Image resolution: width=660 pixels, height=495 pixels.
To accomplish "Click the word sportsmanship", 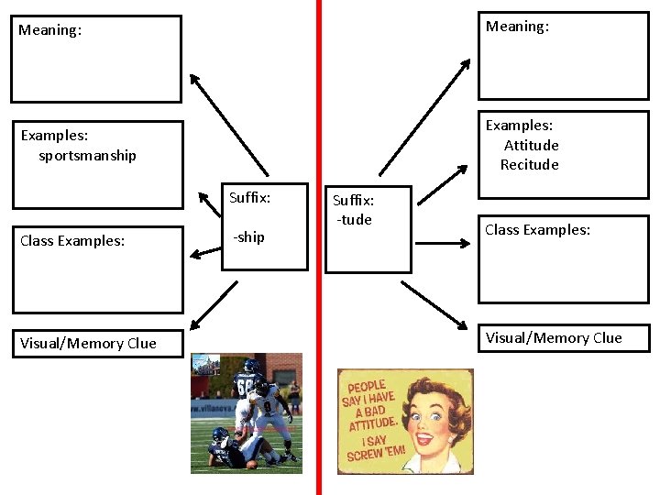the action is [87, 156].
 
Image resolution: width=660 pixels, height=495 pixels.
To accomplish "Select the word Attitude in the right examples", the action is [531, 146].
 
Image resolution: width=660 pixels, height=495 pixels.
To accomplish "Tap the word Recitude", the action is [529, 165].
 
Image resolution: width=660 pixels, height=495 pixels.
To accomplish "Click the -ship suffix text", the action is [247, 237].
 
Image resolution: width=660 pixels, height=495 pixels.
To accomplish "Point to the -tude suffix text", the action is [354, 220].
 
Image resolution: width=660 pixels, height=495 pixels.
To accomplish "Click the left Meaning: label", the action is [49, 30].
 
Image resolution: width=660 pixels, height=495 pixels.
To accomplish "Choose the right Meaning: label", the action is [517, 27].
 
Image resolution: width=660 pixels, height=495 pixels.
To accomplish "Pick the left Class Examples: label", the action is [72, 241].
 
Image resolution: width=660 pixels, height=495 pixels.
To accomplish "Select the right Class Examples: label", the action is [537, 230].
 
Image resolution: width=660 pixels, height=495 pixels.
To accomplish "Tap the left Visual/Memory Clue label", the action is [88, 344].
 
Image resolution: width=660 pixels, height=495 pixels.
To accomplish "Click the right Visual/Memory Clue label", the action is [554, 338].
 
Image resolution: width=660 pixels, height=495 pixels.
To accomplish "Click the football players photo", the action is [246, 412].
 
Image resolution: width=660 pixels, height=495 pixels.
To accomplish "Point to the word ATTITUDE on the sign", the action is [372, 424].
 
